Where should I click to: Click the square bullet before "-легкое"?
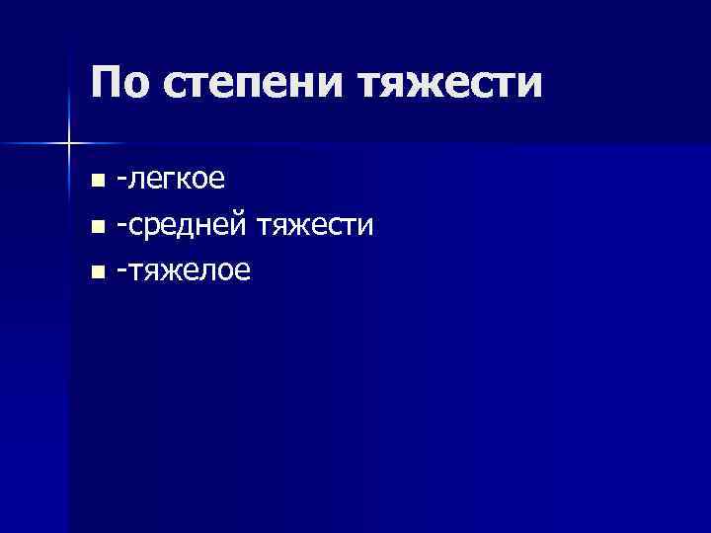(96, 182)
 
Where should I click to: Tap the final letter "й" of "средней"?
(244, 226)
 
